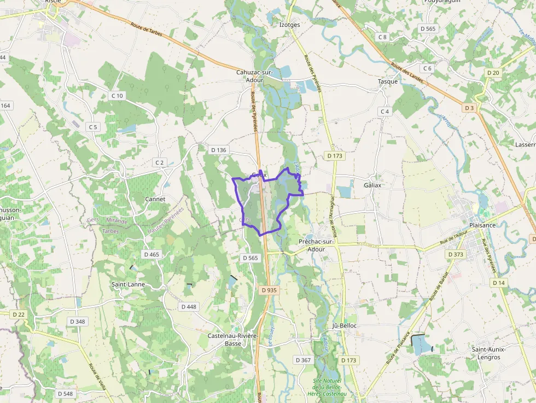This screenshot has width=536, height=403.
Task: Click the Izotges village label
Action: coord(289,25)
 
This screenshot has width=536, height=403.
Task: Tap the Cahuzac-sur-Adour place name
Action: coord(250,76)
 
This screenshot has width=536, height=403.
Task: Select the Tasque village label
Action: coord(388,81)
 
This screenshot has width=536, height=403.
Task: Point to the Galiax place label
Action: coord(372,185)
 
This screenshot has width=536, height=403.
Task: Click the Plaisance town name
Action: coord(482,225)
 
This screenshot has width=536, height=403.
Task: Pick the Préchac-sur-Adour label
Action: coord(316,245)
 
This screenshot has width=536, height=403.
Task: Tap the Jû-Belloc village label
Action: coord(345,326)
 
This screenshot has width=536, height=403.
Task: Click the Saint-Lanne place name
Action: coord(128,284)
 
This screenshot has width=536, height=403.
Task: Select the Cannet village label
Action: coord(155,199)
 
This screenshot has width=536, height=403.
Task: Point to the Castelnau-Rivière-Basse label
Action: coord(233,340)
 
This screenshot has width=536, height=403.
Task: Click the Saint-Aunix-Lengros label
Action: coord(489,353)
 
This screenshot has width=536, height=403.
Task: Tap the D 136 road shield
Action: coord(218,150)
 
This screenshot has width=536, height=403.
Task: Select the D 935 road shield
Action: coord(270,290)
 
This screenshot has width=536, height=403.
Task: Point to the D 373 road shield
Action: coord(455,254)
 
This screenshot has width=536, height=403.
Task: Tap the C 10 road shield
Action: coord(117,96)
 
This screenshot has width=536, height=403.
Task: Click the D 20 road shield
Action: coord(493,73)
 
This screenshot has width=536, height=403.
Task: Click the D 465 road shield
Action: coord(151,254)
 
